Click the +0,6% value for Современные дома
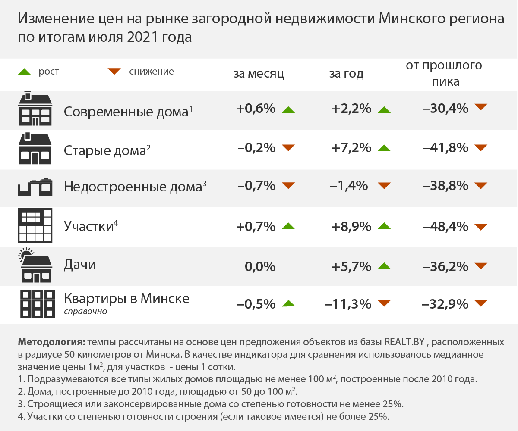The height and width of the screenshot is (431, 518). (x=256, y=109)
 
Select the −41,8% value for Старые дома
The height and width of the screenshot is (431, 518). (x=445, y=148)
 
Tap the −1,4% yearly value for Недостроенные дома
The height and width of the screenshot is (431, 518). (x=349, y=186)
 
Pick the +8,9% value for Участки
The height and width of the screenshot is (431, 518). (x=352, y=226)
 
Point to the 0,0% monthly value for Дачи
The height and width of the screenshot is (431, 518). (x=260, y=267)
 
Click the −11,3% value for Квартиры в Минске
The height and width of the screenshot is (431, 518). (x=348, y=304)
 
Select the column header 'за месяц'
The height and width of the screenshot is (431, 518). (x=259, y=74)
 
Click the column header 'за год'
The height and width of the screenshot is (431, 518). (x=346, y=74)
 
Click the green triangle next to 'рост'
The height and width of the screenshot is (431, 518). (x=25, y=72)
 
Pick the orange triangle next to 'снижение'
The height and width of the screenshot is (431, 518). (x=114, y=72)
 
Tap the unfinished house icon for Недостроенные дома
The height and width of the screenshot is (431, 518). (x=35, y=187)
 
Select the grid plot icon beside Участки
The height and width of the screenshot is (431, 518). (x=35, y=225)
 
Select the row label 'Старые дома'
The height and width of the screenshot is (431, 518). (x=104, y=150)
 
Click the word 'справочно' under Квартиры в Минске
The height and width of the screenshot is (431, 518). (x=85, y=311)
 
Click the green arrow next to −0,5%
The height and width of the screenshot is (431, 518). (x=288, y=303)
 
